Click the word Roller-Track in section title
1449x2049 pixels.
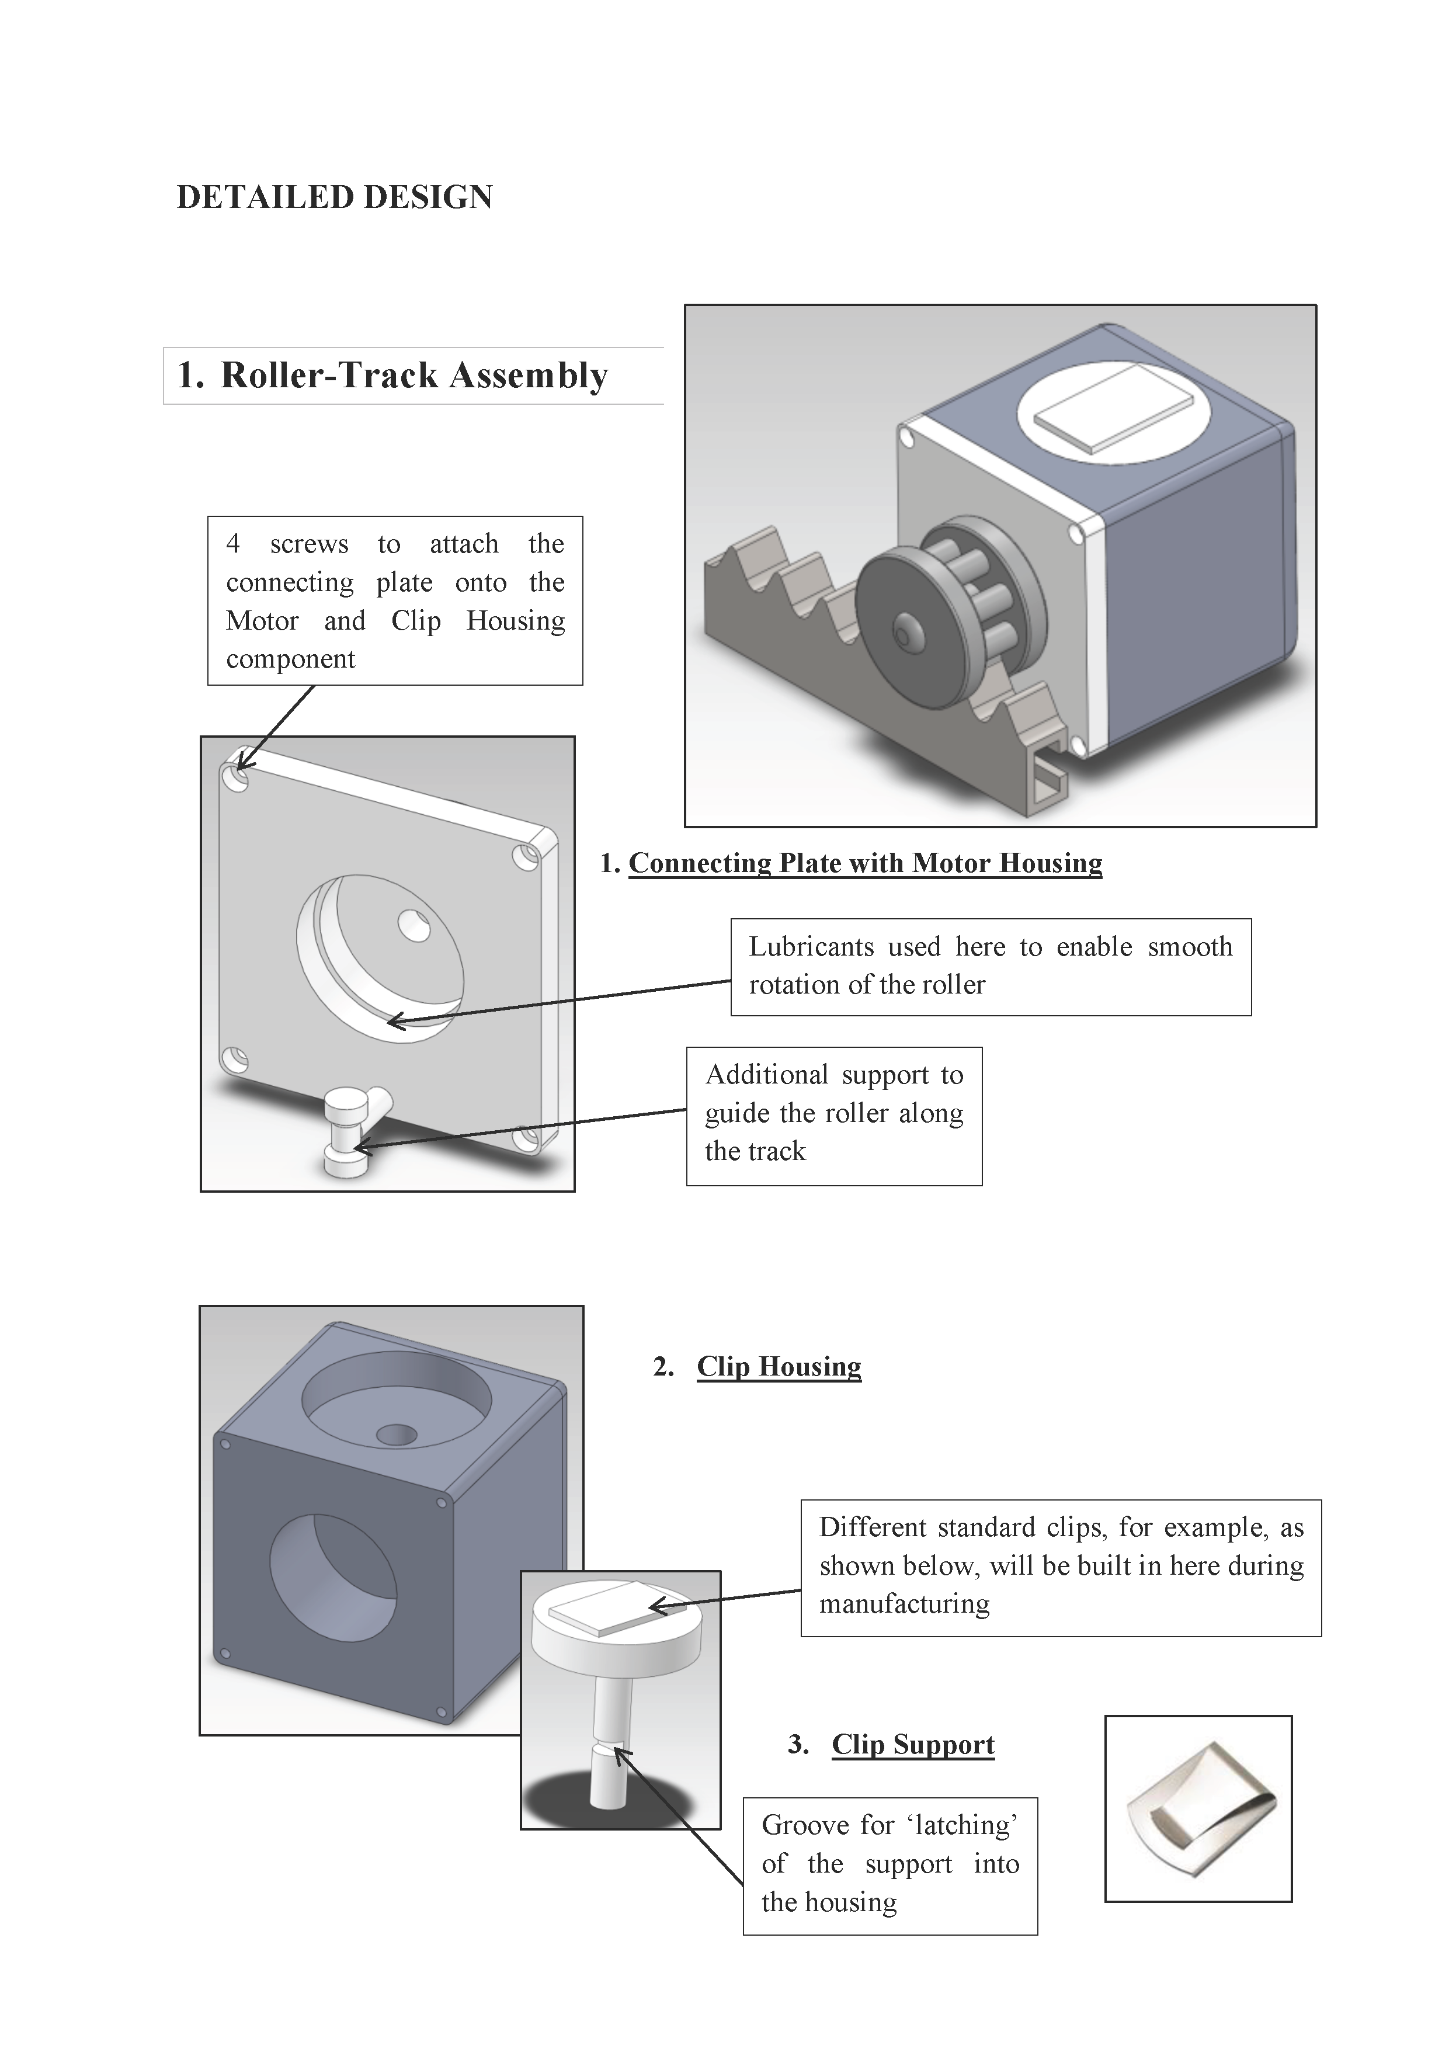point(328,376)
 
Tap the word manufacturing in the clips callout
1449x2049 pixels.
point(904,1604)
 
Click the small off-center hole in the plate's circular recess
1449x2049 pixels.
point(413,925)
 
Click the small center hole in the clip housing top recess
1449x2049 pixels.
point(396,1435)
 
